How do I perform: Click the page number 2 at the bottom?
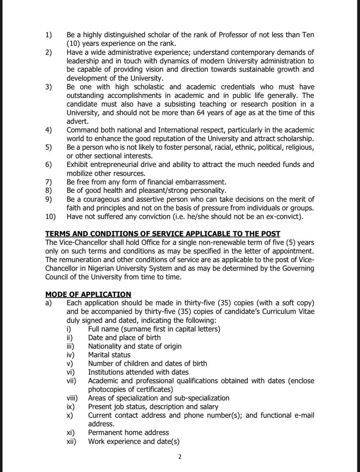[x=180, y=457]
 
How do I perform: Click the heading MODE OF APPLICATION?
[x=88, y=295]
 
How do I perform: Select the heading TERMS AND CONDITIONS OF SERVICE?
[x=163, y=234]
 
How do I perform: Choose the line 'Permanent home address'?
[x=128, y=432]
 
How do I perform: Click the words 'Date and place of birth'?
[x=125, y=337]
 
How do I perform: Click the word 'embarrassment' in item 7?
[x=200, y=182]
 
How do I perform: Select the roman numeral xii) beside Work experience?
[x=71, y=441]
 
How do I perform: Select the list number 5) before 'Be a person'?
[x=48, y=147]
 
